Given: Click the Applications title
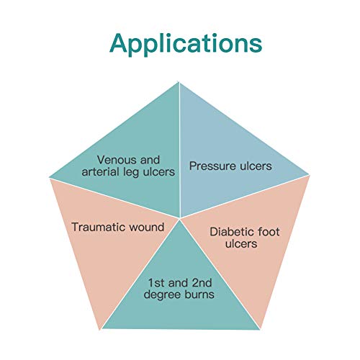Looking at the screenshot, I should coord(185,43).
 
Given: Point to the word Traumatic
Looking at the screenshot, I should coord(96,228).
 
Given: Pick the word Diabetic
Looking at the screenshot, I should coord(230,232).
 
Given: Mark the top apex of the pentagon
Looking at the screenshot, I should coord(179,81).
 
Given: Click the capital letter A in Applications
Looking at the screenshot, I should coord(121,42).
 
